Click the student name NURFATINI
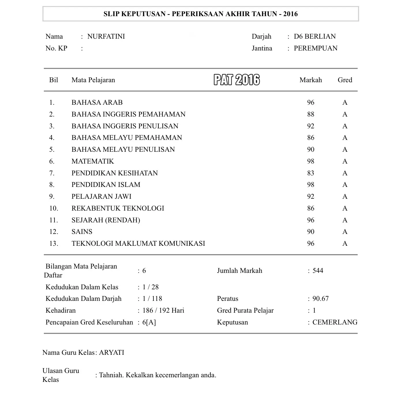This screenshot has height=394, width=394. click(x=106, y=36)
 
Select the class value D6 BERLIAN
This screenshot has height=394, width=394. click(x=315, y=36)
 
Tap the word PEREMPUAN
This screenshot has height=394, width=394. click(x=316, y=48)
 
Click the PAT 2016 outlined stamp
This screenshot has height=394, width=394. click(x=237, y=80)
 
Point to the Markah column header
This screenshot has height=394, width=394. click(x=311, y=80)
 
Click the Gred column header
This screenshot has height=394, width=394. click(x=345, y=80)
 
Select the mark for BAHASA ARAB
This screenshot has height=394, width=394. click(x=311, y=102)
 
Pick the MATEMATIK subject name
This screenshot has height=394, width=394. click(x=93, y=161)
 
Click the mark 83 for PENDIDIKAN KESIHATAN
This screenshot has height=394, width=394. click(x=311, y=173)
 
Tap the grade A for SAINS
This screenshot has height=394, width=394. click(x=345, y=232)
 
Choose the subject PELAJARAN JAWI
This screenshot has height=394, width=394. click(x=101, y=196)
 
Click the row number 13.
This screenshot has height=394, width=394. click(x=54, y=243)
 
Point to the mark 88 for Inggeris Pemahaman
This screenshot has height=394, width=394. click(x=311, y=114)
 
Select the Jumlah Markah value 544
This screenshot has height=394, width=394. click(x=318, y=271)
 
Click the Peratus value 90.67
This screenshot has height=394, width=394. click(x=320, y=299)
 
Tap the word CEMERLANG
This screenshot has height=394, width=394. click(x=335, y=322)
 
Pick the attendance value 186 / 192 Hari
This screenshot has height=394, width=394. click(x=163, y=310)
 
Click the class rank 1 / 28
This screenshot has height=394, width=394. click(x=151, y=287)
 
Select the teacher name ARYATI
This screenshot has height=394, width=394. click(x=112, y=352)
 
